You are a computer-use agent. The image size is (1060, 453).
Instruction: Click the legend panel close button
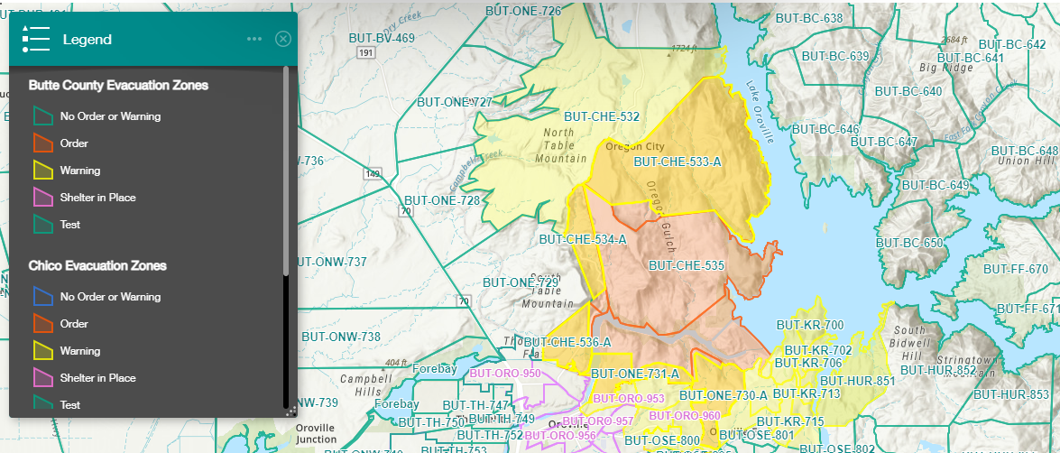tap(283, 39)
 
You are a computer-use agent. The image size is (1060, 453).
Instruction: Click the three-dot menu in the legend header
tap(254, 39)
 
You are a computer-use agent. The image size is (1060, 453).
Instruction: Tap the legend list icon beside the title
tap(35, 39)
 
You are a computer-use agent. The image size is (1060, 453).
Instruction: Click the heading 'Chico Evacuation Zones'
tap(97, 266)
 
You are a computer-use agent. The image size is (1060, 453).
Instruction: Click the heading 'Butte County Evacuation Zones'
tap(118, 86)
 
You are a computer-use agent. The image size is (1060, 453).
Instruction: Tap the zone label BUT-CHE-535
tap(687, 266)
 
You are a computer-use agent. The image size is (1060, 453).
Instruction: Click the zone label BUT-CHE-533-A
tap(677, 162)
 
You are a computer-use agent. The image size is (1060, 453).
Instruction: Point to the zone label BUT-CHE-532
tap(601, 117)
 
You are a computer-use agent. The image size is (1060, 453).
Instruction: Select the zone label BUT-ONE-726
tap(523, 12)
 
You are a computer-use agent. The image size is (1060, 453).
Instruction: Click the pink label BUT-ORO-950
tap(505, 374)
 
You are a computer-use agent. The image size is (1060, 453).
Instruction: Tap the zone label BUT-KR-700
tap(810, 326)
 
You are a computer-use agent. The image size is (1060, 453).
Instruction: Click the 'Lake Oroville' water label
tap(760, 113)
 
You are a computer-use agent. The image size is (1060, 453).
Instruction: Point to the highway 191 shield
tap(366, 54)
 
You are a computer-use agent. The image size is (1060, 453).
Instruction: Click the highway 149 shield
tap(371, 171)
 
